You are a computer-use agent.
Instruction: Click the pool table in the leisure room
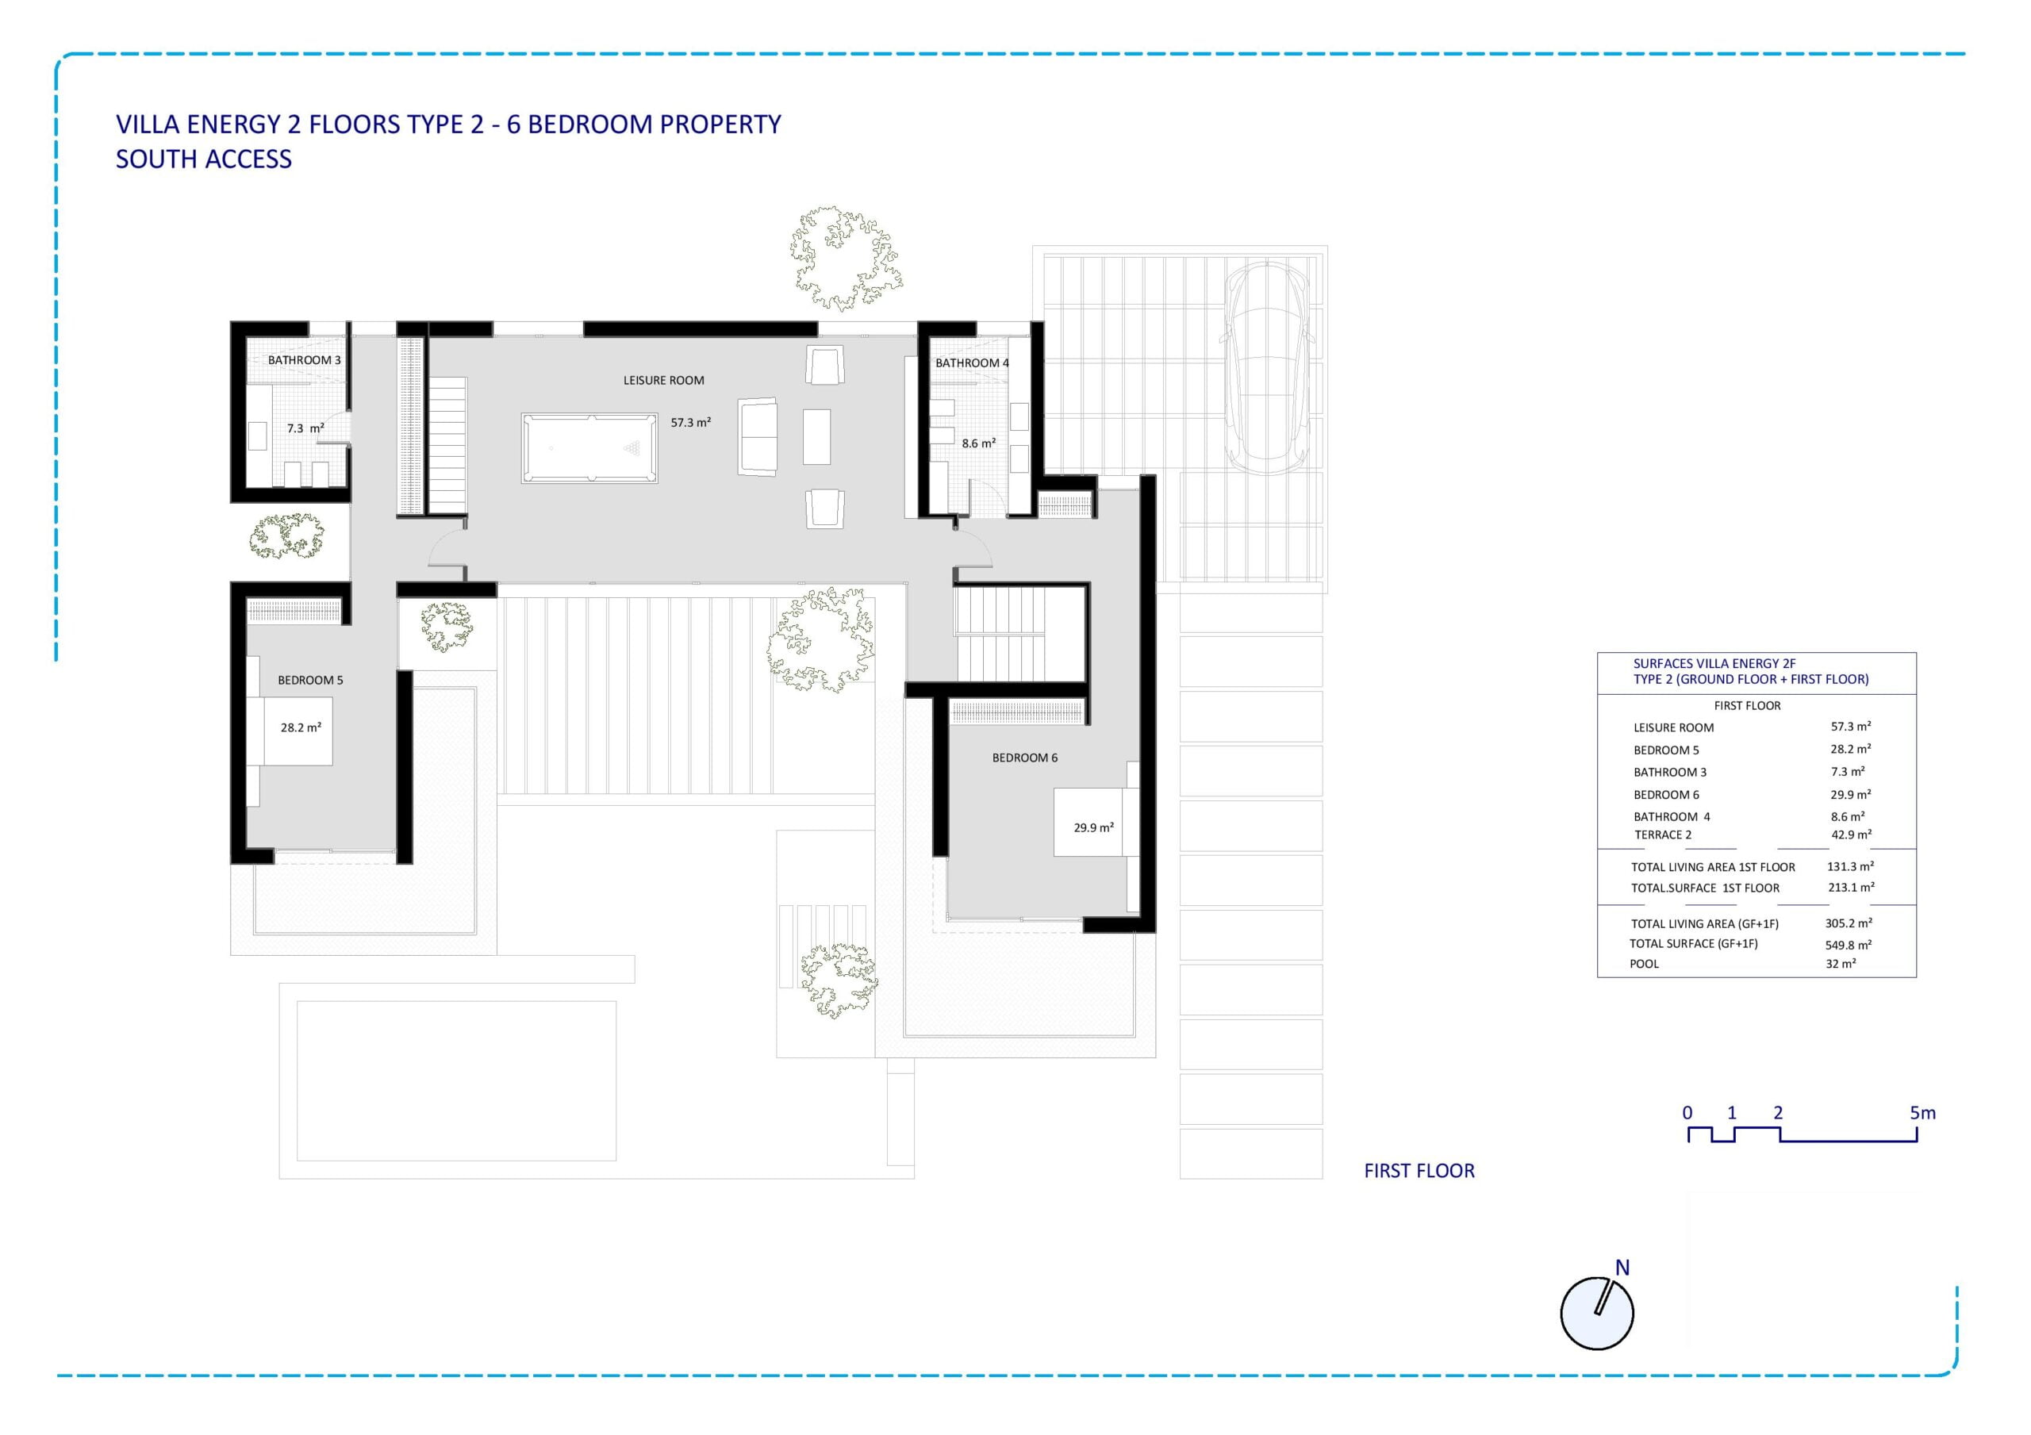[589, 447]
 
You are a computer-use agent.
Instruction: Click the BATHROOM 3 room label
[305, 360]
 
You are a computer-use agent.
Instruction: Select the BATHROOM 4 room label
[972, 363]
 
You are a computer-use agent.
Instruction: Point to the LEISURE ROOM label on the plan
[663, 381]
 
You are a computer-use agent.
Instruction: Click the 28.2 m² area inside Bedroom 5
[301, 727]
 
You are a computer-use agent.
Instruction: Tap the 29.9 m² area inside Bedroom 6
[1093, 827]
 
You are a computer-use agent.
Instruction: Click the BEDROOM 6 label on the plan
[1024, 758]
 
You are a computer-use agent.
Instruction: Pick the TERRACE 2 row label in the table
[1662, 835]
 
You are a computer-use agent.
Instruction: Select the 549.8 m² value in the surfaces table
[1848, 945]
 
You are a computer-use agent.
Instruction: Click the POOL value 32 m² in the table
[1840, 964]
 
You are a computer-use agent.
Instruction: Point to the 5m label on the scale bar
[1922, 1113]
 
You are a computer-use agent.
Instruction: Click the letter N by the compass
[1622, 1268]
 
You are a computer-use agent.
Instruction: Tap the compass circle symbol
[1597, 1313]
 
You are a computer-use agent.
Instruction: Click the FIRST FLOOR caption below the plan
[1419, 1171]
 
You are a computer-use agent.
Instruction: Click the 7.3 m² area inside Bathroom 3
[305, 428]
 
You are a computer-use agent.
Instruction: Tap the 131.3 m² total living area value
[1849, 867]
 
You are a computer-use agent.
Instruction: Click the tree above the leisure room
[846, 258]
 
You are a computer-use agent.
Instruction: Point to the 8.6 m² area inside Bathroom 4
[978, 443]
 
